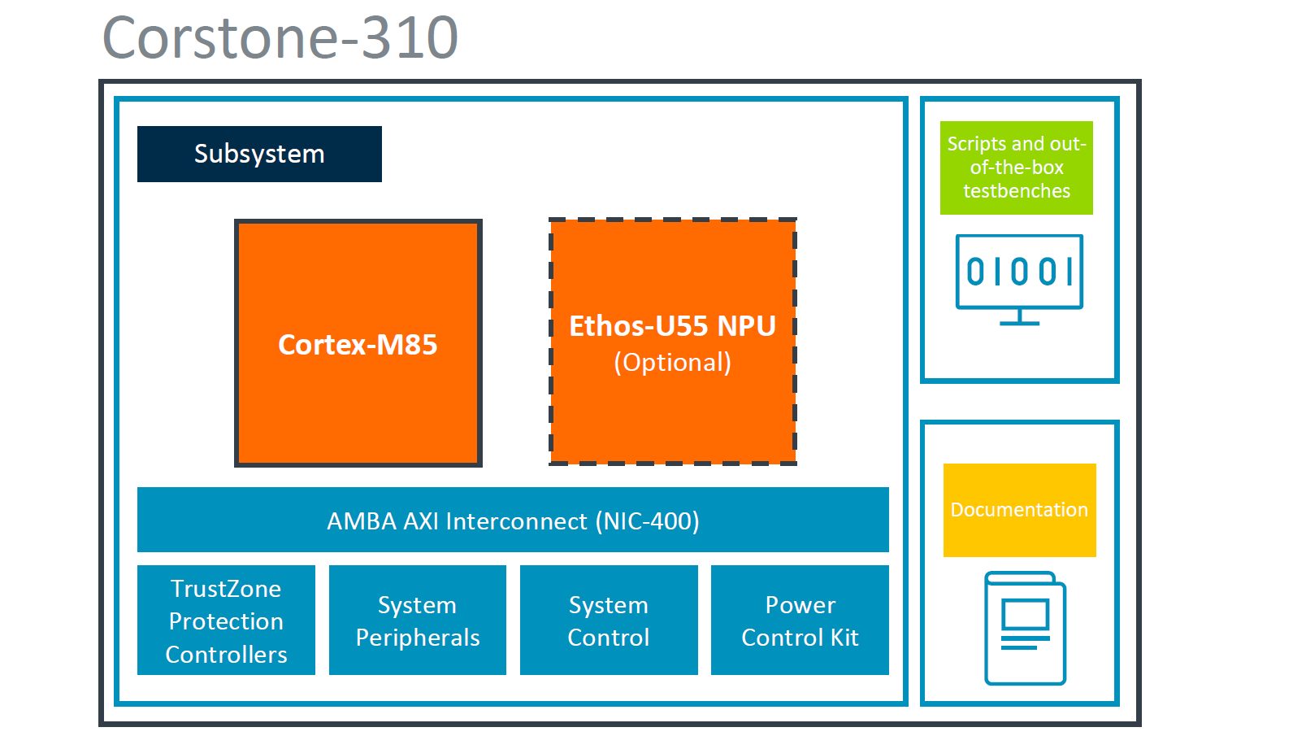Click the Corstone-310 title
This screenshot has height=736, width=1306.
(280, 37)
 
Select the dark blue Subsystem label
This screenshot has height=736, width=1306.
(259, 154)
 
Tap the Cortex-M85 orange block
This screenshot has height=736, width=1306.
(358, 343)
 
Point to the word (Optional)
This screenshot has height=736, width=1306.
(673, 363)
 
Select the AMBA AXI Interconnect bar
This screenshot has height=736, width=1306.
(513, 520)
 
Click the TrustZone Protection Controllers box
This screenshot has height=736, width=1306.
(226, 621)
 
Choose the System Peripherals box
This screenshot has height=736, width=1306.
(418, 621)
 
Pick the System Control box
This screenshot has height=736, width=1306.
(609, 621)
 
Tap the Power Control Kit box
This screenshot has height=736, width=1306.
(800, 621)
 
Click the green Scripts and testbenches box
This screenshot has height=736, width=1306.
(1016, 168)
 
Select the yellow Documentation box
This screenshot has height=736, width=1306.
(1019, 510)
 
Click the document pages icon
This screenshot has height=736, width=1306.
(1025, 628)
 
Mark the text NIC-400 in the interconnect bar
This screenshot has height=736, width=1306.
(649, 520)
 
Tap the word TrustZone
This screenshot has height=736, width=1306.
(226, 588)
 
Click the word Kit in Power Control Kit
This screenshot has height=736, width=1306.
(844, 638)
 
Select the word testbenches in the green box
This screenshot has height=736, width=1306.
(1017, 191)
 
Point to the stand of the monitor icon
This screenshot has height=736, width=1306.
(1019, 318)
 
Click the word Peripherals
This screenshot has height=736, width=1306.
(418, 638)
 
